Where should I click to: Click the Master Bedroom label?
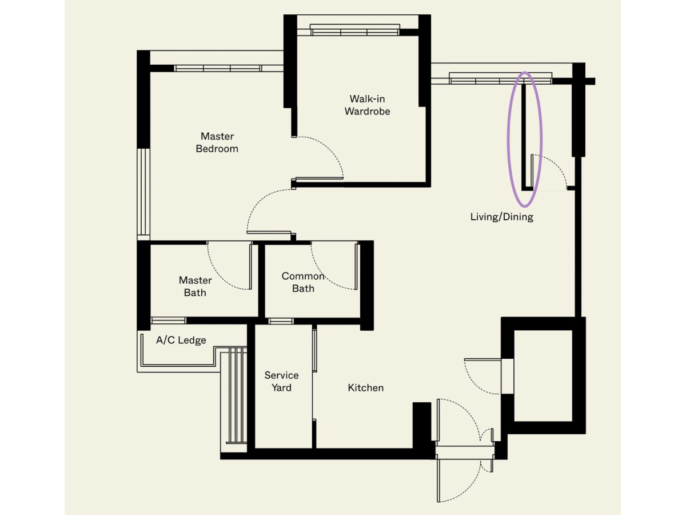(x=217, y=142)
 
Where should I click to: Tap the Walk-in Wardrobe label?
(x=367, y=105)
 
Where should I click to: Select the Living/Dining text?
(x=501, y=217)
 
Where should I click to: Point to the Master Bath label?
(x=195, y=286)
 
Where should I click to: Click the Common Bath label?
(x=303, y=282)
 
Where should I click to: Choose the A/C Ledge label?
(x=181, y=340)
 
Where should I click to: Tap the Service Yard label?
(x=281, y=381)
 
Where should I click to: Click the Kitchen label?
(x=366, y=388)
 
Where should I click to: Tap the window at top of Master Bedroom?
(x=218, y=68)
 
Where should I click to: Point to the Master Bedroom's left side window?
(x=143, y=191)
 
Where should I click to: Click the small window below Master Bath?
(x=168, y=320)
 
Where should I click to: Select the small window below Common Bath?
(x=281, y=321)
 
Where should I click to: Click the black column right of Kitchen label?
(x=422, y=426)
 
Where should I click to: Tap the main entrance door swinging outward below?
(x=459, y=480)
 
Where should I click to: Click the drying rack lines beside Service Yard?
(x=236, y=395)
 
